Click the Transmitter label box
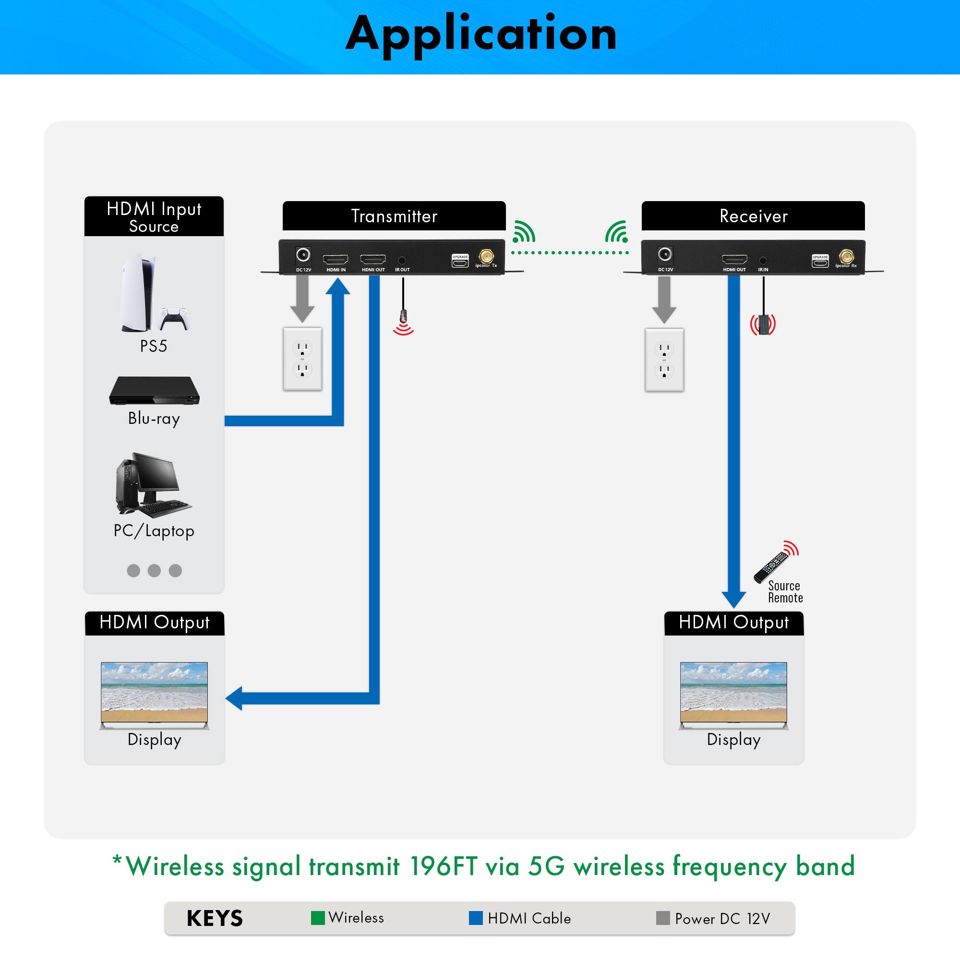(x=394, y=216)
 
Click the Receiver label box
(x=753, y=216)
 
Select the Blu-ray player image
(x=155, y=391)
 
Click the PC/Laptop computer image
(x=151, y=484)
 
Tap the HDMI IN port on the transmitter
(x=336, y=259)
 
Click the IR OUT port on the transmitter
(x=402, y=260)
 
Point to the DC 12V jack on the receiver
(x=665, y=255)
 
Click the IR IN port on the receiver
(x=763, y=260)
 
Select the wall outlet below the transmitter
(x=302, y=359)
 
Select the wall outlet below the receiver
(x=664, y=360)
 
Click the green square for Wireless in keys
(x=317, y=918)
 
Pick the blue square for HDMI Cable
(x=476, y=918)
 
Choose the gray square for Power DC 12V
(x=663, y=918)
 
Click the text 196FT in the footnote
(x=444, y=866)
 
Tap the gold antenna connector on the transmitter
(x=486, y=256)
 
